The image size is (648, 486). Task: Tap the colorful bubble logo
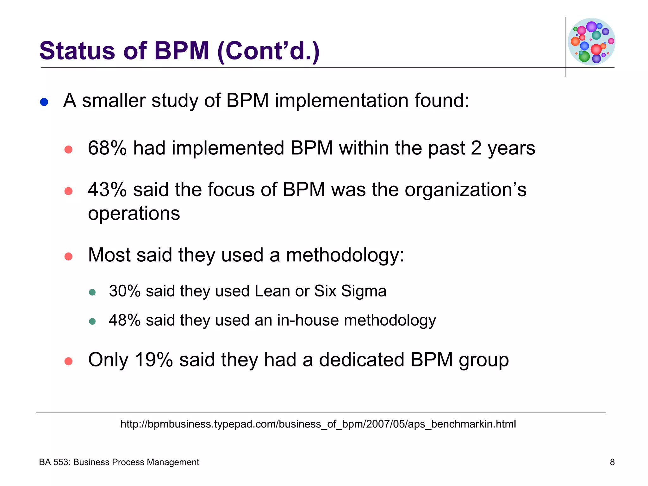[591, 41]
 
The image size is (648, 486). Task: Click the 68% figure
[107, 148]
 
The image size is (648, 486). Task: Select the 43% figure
[107, 190]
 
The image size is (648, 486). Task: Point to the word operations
[134, 214]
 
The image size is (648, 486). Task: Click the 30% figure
[125, 291]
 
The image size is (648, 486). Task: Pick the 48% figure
[125, 320]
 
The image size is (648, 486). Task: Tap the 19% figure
[154, 360]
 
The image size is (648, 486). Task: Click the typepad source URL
[318, 424]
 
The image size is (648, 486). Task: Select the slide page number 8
[612, 462]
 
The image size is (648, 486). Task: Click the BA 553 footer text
[119, 462]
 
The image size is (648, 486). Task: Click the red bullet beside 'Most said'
[68, 256]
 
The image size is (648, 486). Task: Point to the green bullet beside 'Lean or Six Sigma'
[92, 292]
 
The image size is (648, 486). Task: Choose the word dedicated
[362, 360]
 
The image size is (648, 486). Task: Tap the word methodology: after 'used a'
[345, 255]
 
